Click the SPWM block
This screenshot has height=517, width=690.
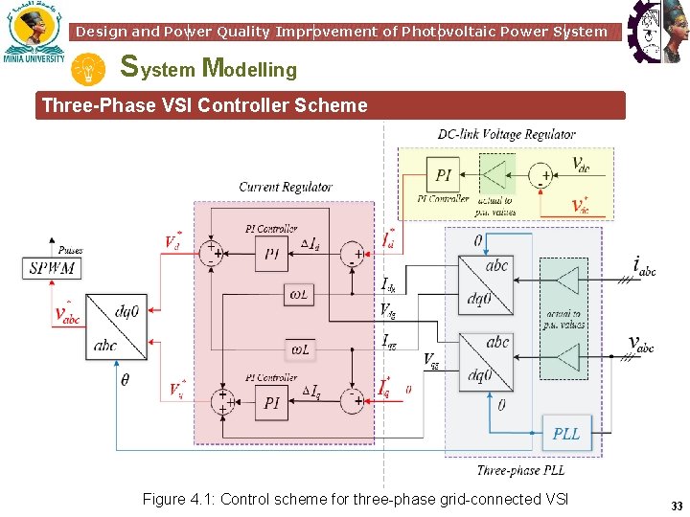coord(52,268)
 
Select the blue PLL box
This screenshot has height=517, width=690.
coord(565,434)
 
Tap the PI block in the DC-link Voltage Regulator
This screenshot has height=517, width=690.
coord(444,175)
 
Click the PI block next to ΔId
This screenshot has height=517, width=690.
coord(272,253)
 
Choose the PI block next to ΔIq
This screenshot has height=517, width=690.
coord(272,403)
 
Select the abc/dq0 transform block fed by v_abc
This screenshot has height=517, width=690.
coord(485,359)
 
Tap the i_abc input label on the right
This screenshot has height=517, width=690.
coord(644,264)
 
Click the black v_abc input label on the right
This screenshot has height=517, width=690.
coord(641,344)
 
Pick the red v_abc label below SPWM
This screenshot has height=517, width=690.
coord(67,314)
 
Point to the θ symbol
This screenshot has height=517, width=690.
coord(125,379)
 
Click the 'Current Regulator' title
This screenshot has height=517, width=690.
coord(286,187)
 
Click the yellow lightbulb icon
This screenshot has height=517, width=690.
coord(89,69)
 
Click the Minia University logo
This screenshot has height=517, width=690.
coord(34,34)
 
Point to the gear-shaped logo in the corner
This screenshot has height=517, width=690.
coord(657,32)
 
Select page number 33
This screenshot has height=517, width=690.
coord(677,506)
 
